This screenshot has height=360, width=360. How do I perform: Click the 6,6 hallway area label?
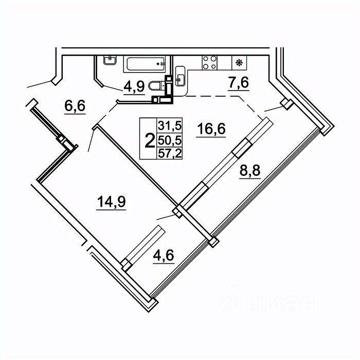pos(75,106)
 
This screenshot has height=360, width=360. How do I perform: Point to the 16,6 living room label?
pos(211,129)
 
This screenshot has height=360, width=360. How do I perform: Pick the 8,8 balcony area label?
pos(250,170)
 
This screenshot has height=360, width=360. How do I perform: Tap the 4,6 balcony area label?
pos(164,255)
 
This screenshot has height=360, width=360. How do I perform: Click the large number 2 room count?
pos(150,141)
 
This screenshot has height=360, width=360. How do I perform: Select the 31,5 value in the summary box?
pos(170,126)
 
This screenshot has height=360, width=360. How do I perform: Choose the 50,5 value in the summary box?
pos(170,140)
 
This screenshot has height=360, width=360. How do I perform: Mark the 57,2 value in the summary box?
pos(170,153)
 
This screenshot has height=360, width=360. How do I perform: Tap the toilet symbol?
pos(157,86)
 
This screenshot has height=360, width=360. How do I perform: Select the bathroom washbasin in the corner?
pos(110,60)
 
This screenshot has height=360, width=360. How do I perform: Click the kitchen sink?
pos(180,76)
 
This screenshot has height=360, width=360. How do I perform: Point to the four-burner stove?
pos(210,62)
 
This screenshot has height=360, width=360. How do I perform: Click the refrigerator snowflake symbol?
pos(240,62)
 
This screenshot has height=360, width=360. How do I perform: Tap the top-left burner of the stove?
pos(206,59)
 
